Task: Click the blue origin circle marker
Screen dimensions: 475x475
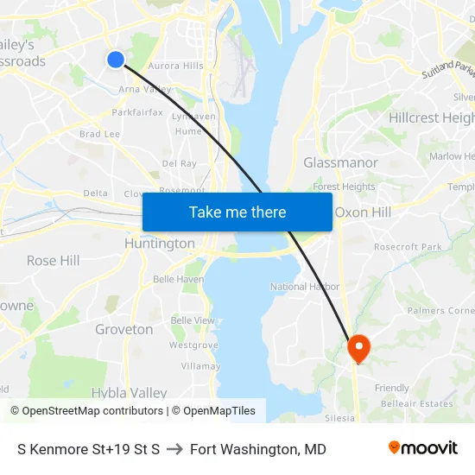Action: [x=116, y=59]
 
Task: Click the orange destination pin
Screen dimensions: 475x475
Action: [x=358, y=348]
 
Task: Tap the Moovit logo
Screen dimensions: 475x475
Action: [x=423, y=448]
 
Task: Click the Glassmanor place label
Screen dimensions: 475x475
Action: [x=340, y=162]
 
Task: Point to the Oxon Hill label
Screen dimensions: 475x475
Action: [x=363, y=212]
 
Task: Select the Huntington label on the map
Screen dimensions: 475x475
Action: [x=160, y=244]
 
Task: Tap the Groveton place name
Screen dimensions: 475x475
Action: [x=124, y=329]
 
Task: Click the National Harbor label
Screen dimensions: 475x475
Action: [x=305, y=287]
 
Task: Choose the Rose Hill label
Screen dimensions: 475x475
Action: [x=53, y=260]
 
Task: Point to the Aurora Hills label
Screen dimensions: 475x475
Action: [x=176, y=66]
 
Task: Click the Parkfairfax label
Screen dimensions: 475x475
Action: [x=137, y=112]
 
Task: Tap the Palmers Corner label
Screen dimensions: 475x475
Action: [x=440, y=310]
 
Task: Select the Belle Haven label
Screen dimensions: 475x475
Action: [x=179, y=279]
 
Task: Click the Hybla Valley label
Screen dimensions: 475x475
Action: [x=129, y=392]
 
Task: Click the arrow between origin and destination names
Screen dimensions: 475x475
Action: [x=174, y=449]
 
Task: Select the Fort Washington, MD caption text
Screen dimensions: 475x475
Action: [x=258, y=449]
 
